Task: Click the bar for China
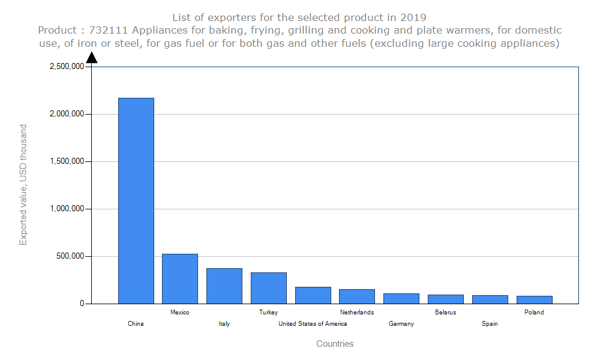[x=136, y=200]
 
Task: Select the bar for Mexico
[x=180, y=278]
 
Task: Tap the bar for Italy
[x=224, y=286]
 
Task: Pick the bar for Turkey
[x=268, y=288]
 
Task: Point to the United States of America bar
[x=313, y=295]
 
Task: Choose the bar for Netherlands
[x=357, y=296]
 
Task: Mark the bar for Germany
[x=401, y=298]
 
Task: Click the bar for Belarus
[x=445, y=299]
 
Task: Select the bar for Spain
[x=490, y=299]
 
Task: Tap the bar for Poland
[x=534, y=299]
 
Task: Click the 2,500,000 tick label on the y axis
[x=67, y=67]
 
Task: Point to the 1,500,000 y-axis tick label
[x=67, y=161]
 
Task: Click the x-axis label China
[x=136, y=324]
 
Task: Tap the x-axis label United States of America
[x=313, y=324]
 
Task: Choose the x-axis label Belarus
[x=445, y=312]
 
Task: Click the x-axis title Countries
[x=335, y=344]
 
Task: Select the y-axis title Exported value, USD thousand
[x=23, y=185]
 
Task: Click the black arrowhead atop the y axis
[x=92, y=58]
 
